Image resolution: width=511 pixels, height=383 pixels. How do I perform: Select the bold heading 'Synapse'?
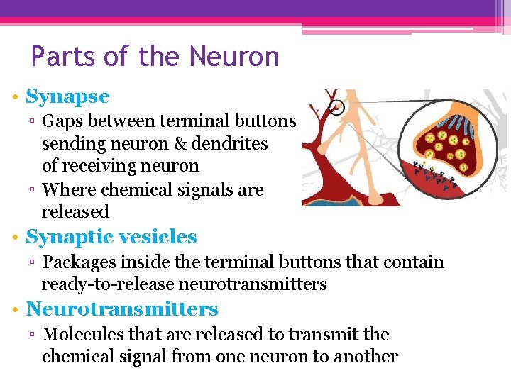point(67,96)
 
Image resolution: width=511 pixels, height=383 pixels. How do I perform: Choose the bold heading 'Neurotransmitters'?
point(122,309)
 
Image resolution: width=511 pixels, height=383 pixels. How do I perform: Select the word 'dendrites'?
point(233,143)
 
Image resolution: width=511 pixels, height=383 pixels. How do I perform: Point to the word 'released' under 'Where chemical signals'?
point(75,211)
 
